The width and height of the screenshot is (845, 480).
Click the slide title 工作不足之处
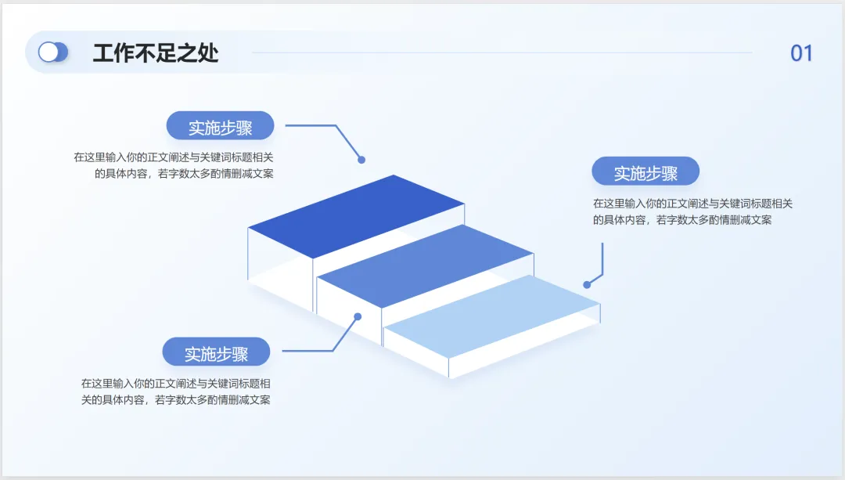point(156,52)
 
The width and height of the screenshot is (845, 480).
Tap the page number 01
point(801,53)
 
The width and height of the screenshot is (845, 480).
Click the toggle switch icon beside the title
point(53,52)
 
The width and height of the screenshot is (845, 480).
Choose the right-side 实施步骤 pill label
point(645,172)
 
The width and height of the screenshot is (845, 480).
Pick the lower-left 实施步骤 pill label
point(216,352)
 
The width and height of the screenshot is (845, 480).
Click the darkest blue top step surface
point(357,215)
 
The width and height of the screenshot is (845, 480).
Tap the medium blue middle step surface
point(426,265)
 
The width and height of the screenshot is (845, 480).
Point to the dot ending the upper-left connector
point(361,160)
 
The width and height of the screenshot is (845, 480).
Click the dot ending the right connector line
point(587,285)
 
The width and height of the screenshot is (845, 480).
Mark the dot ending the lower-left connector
point(358,317)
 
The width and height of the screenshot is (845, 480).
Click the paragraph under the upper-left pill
point(174,165)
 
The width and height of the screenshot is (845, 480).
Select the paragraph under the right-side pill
point(692,211)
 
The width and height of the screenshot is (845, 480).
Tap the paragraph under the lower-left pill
point(176,392)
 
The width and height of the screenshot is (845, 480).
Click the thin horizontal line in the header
point(501,52)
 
